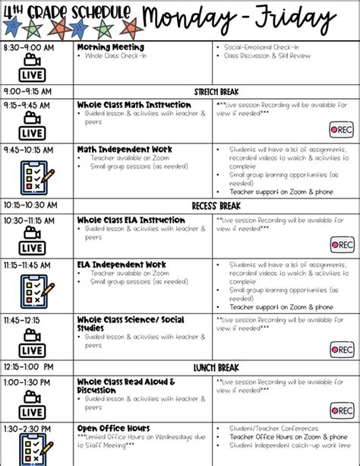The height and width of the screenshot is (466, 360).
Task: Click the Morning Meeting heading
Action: tap(110, 47)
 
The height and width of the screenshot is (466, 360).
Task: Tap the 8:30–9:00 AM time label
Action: tap(29, 47)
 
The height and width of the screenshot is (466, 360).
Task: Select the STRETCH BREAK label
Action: tap(216, 90)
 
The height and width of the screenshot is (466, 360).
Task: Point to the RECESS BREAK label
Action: tap(216, 205)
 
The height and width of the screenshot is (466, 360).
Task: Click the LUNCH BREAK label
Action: tap(216, 367)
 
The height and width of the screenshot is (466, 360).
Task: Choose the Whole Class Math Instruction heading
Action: tap(134, 105)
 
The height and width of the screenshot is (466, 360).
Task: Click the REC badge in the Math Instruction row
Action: tap(342, 129)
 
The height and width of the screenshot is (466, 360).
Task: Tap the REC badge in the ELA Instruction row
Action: tap(342, 245)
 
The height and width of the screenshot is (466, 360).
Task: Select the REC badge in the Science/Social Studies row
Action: tap(342, 349)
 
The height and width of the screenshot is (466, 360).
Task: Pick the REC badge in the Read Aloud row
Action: tap(342, 410)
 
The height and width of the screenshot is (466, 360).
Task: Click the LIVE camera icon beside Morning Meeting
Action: tap(31, 69)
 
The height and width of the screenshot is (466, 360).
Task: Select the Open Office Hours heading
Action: tap(113, 429)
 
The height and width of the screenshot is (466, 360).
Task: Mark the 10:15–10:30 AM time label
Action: tap(30, 205)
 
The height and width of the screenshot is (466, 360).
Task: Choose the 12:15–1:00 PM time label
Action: tap(28, 367)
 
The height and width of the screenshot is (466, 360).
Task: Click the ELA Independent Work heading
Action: tap(122, 265)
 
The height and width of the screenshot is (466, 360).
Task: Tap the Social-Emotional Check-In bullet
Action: tap(256, 47)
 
